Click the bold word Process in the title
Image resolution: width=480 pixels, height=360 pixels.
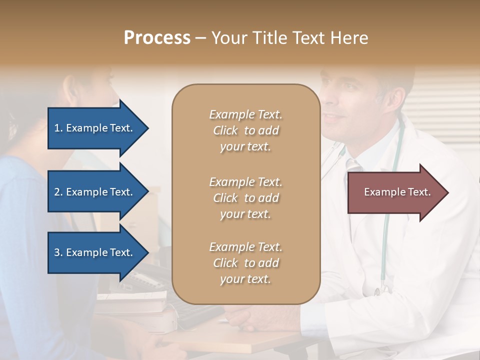click(157, 37)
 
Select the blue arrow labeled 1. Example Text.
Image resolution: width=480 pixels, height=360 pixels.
click(95, 128)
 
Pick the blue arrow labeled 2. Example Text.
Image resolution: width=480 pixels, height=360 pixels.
click(95, 192)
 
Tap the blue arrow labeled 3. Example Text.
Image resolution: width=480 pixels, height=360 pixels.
click(95, 252)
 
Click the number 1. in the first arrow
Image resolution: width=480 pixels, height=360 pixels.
click(58, 128)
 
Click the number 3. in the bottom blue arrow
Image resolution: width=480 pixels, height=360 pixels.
click(58, 252)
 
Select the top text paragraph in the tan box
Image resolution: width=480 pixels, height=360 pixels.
click(245, 130)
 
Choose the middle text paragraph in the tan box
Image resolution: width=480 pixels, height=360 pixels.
click(245, 198)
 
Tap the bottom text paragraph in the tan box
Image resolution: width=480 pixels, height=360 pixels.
click(245, 263)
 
